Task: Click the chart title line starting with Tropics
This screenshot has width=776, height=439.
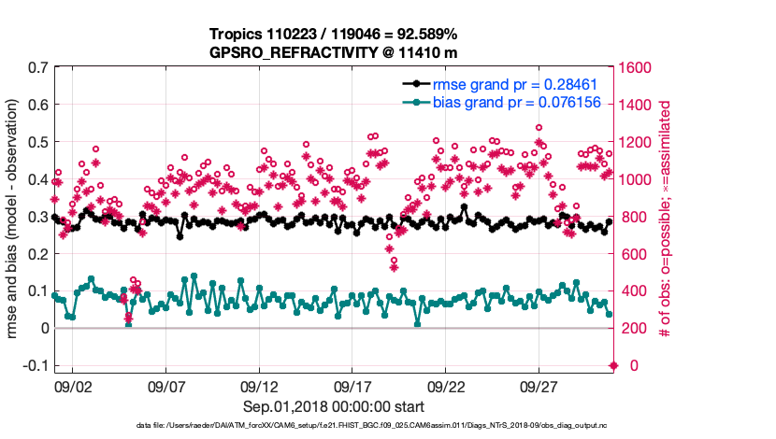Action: click(333, 35)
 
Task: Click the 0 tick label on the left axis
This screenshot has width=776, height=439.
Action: click(43, 328)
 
